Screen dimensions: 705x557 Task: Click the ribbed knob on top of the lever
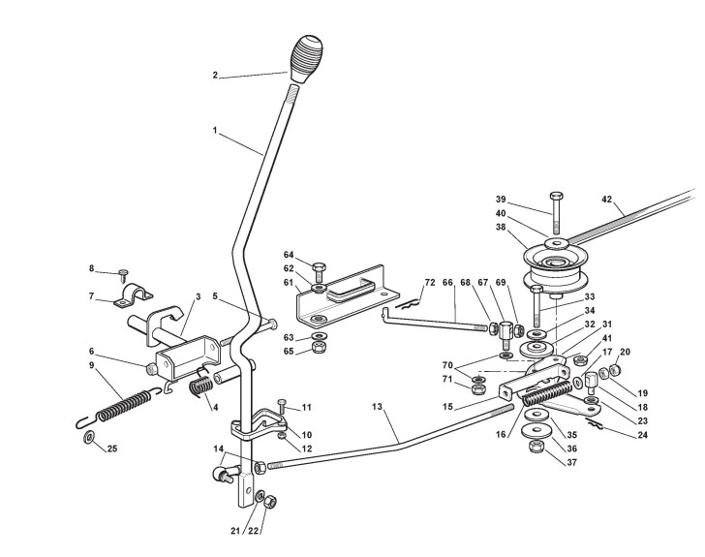307,58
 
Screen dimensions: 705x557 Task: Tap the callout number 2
215,76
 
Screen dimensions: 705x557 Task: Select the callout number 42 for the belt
607,200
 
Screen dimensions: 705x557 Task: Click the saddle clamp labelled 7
133,295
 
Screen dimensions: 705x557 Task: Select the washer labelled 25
88,437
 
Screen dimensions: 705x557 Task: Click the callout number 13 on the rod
377,407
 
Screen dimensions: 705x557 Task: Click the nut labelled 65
319,348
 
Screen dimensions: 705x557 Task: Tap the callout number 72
430,283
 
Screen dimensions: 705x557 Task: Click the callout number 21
235,531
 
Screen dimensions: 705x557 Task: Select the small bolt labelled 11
283,406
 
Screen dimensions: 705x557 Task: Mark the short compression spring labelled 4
201,387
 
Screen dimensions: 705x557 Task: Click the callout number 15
447,407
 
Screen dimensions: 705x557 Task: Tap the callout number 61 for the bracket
289,283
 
